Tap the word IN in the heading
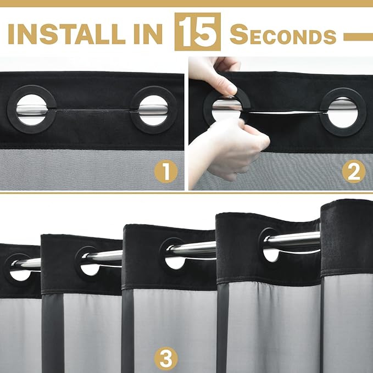coord(148,34)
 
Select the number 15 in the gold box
coord(197,32)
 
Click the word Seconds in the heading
coord(283,35)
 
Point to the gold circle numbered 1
coord(166,171)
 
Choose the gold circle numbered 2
coord(354,171)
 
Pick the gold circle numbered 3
coord(166,359)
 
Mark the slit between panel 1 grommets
coord(93,110)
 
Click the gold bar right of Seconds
coord(358,37)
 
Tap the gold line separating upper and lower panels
coord(187,193)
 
